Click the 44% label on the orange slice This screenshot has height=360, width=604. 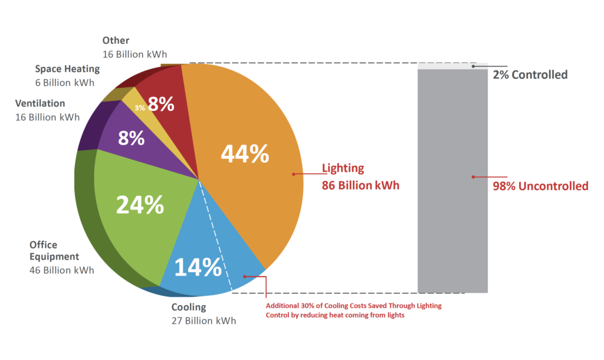(245, 153)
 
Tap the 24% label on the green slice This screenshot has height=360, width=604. (140, 204)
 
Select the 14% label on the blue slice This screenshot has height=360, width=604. (197, 267)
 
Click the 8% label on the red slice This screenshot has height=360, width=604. (161, 104)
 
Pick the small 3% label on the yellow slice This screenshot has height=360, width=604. (140, 108)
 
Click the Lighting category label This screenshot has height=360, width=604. (343, 168)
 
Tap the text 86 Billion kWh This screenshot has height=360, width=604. (360, 185)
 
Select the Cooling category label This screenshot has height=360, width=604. (189, 307)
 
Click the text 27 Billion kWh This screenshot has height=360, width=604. (203, 321)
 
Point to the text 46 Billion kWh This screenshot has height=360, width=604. (61, 270)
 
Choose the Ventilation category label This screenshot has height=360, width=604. (40, 103)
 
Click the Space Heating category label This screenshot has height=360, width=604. (67, 69)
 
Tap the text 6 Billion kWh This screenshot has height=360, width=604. (64, 83)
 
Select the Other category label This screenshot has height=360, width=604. (116, 41)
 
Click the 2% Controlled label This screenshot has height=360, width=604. (530, 75)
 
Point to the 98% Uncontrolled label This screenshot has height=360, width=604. (540, 186)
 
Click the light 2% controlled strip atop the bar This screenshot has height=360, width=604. (452, 66)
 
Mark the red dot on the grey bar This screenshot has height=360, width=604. (472, 176)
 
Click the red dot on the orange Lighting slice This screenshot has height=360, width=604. (293, 174)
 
